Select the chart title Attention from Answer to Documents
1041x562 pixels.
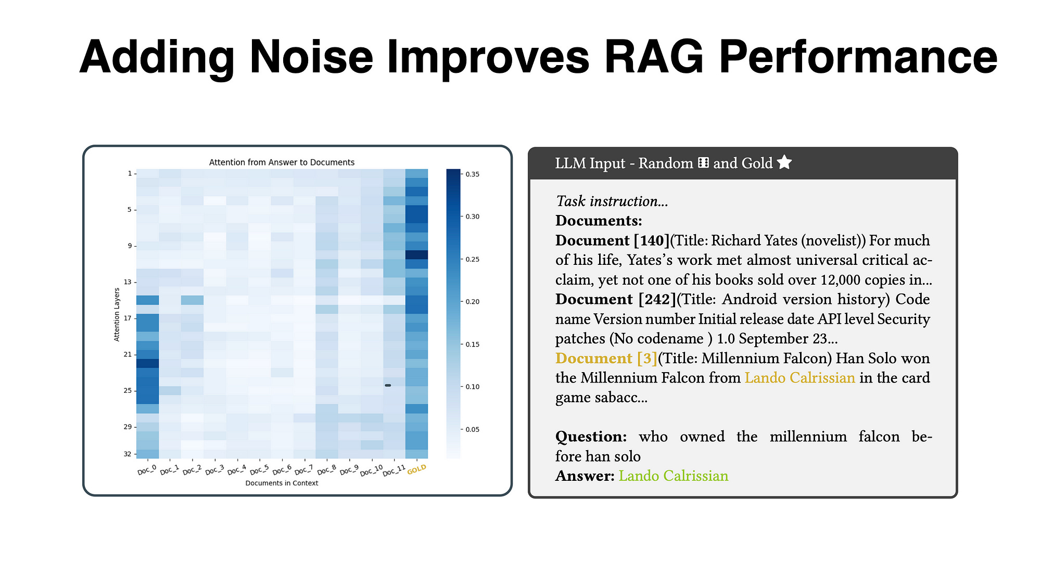point(282,162)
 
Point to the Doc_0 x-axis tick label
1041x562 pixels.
point(147,470)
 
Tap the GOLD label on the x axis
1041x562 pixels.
point(416,470)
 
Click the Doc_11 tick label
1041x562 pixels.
point(393,471)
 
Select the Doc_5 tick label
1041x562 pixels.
point(259,471)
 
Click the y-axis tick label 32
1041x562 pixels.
point(128,454)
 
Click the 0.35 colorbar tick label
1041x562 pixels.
point(472,174)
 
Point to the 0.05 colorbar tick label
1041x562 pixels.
point(472,429)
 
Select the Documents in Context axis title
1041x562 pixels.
point(282,483)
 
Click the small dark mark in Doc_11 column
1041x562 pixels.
point(388,385)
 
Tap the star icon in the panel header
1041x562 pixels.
point(784,163)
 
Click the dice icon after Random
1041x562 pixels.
point(703,163)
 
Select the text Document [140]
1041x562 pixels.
point(612,240)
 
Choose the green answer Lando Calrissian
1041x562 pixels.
point(673,476)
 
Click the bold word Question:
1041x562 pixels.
point(591,437)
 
